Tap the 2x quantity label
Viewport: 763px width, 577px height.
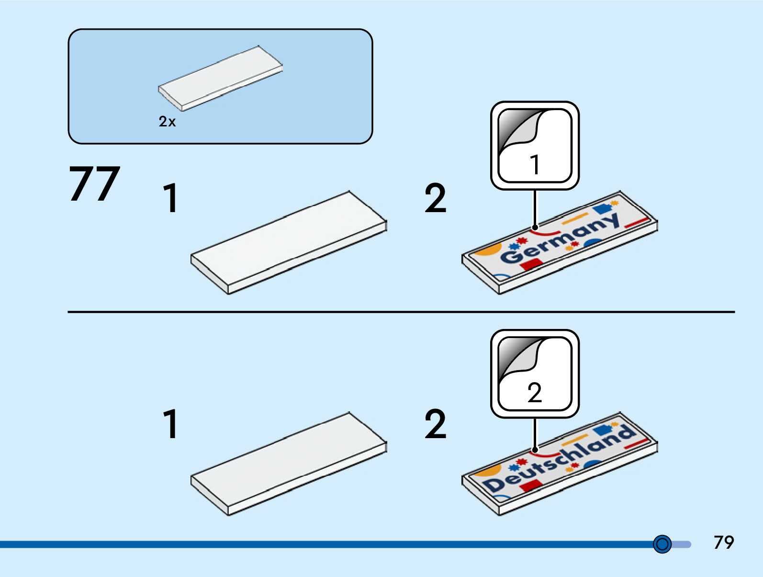(167, 122)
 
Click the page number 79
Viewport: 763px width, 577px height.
(723, 543)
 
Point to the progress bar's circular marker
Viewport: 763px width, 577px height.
(662, 544)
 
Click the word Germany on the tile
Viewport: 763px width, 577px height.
(560, 238)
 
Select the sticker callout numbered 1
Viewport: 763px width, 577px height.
(535, 146)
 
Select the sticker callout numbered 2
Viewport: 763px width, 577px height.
(535, 373)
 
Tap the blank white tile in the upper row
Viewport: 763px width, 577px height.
(289, 242)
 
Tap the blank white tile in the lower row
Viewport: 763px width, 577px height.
(289, 464)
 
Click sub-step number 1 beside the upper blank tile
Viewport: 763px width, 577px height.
(170, 198)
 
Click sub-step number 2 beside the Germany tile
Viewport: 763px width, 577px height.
(435, 198)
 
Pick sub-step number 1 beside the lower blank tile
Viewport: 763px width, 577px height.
(170, 424)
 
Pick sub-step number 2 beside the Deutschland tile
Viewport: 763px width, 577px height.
(435, 424)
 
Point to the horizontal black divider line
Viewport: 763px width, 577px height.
(401, 312)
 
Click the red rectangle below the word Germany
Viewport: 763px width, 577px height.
(530, 264)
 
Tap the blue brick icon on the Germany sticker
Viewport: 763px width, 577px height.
(602, 209)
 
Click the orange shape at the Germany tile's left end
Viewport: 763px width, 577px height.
(487, 250)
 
